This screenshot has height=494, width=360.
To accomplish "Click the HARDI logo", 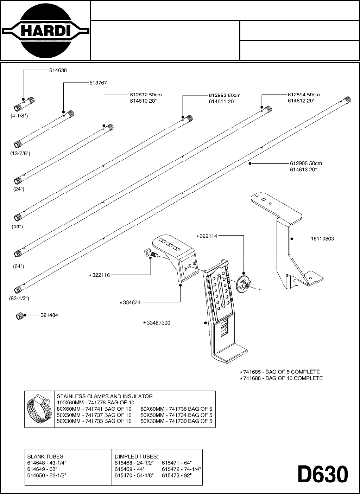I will point(45,31).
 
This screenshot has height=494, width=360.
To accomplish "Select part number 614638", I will point(58,70).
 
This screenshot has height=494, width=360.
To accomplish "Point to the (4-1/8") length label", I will point(19,116).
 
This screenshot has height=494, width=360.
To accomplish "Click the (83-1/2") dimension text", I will point(19,299).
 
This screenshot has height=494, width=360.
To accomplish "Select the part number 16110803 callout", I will point(322,239).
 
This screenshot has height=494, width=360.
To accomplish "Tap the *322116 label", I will point(100,275).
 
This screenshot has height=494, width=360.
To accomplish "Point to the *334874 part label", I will point(130,302).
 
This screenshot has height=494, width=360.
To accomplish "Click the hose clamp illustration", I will point(39,409).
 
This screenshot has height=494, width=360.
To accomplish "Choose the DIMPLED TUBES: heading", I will point(136,456).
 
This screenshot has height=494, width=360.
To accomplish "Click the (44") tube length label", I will point(17,226).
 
